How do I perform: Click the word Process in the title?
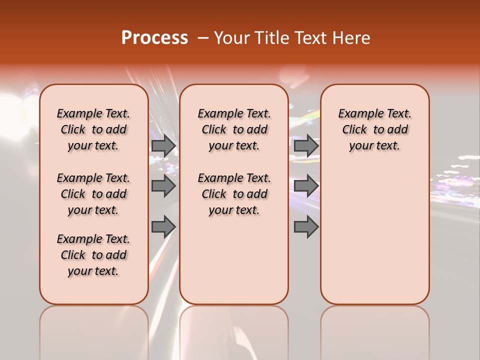pos(154,38)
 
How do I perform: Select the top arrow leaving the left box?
pos(163,145)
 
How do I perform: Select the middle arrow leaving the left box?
pos(163,186)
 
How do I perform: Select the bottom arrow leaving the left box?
pos(163,226)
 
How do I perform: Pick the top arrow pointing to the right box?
pos(306,145)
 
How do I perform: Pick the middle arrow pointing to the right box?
pos(306,186)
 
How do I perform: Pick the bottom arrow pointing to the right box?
pos(306,226)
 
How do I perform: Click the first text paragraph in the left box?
pos(93,129)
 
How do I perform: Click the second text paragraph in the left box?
pos(93,194)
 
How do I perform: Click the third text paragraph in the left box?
pos(93,255)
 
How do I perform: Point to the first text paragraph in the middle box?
pos(234,129)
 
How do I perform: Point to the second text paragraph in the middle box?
pos(234,194)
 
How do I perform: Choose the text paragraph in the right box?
pos(375,129)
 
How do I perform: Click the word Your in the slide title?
pos(229,38)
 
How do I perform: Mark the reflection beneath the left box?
pos(94,330)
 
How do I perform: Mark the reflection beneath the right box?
pos(375,330)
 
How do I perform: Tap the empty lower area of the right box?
pos(375,235)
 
